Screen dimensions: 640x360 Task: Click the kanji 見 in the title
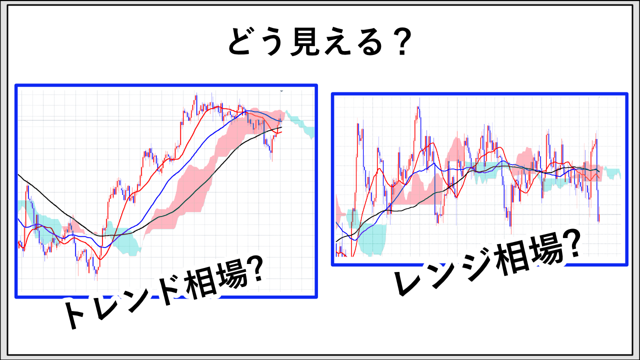(x=305, y=41)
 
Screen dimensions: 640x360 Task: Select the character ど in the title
(x=243, y=41)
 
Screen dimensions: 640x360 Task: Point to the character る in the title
(x=368, y=41)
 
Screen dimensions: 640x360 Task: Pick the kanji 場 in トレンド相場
(x=232, y=277)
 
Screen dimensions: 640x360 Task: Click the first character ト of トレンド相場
(x=75, y=313)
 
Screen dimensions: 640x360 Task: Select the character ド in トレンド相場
(x=168, y=291)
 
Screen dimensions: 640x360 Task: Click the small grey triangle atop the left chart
(x=281, y=91)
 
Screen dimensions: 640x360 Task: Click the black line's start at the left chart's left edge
(x=18, y=174)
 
